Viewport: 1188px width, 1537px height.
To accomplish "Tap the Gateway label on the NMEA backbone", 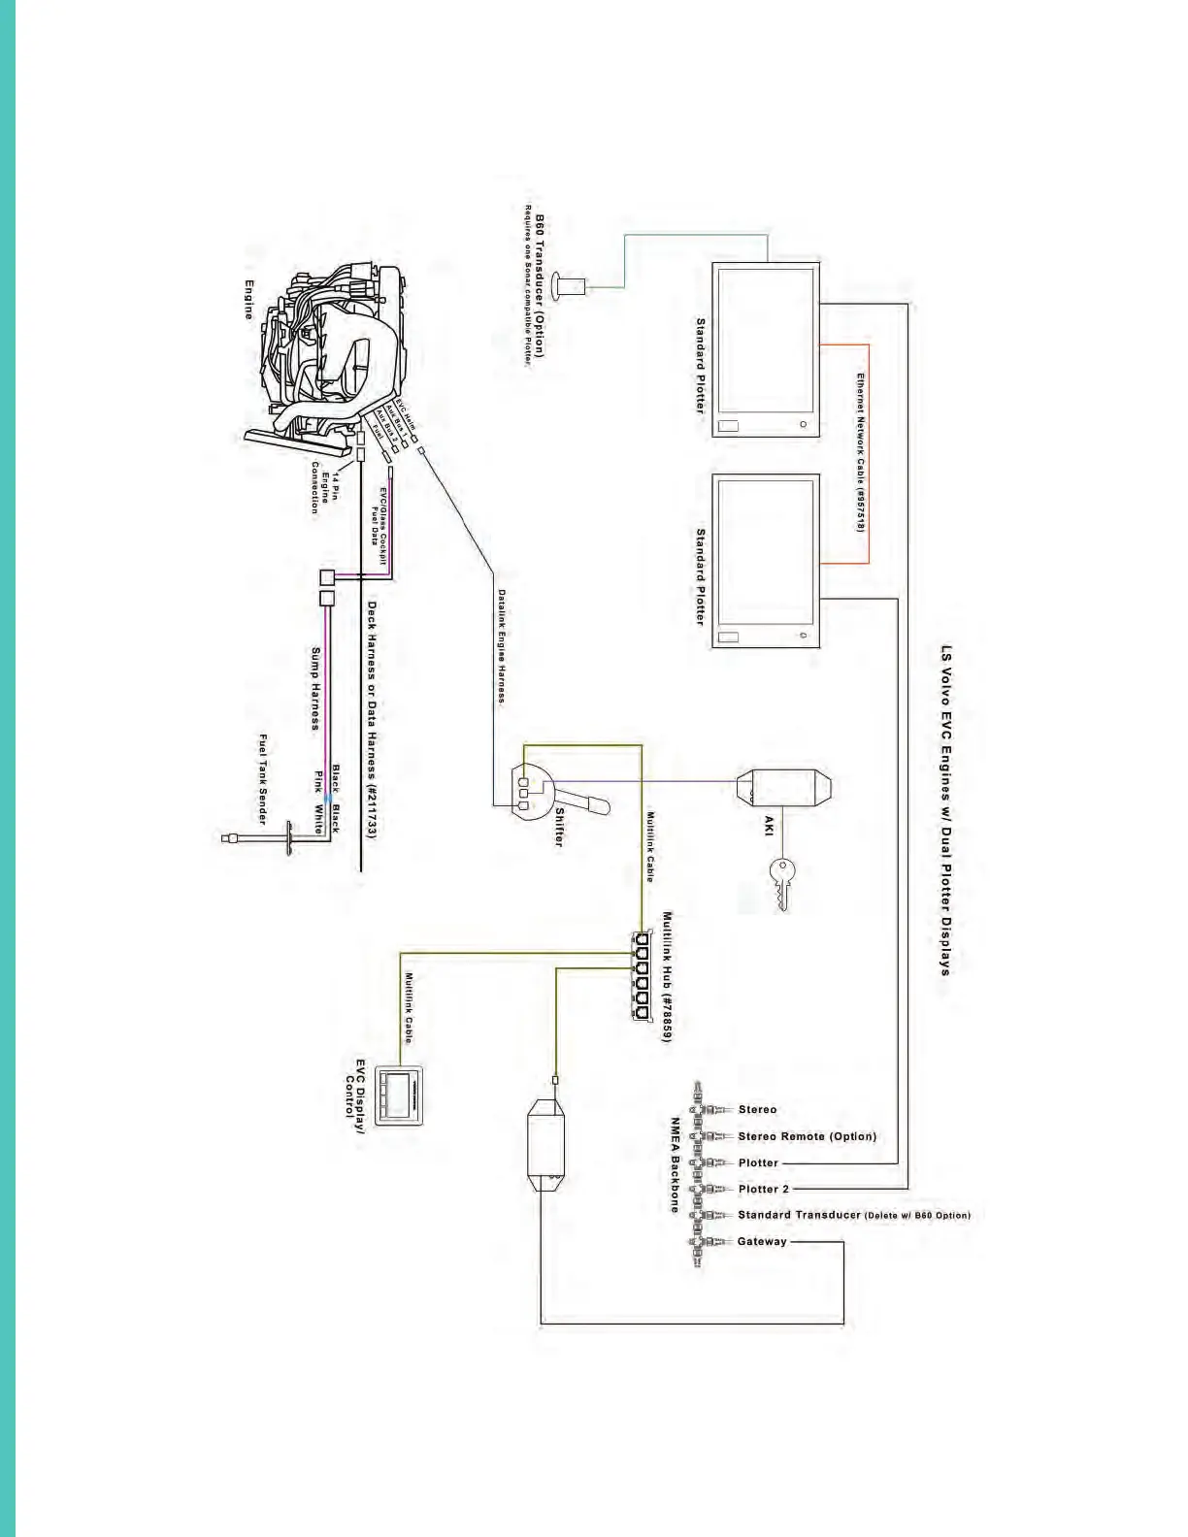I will click(762, 1241).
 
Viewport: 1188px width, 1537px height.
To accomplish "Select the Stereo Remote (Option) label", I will click(807, 1136).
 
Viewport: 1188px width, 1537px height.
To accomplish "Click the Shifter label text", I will click(559, 825).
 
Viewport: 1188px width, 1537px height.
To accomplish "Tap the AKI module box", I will click(784, 788).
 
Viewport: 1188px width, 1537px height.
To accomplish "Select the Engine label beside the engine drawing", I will click(249, 300).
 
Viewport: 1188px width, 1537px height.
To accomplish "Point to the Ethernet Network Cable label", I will click(860, 452).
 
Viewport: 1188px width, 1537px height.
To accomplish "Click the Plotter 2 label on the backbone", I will click(764, 1189).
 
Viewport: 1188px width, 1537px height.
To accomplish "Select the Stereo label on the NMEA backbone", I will click(757, 1109).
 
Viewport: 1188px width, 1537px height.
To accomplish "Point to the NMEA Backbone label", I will click(675, 1164).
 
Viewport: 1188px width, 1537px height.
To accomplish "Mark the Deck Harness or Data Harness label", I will click(372, 718).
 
